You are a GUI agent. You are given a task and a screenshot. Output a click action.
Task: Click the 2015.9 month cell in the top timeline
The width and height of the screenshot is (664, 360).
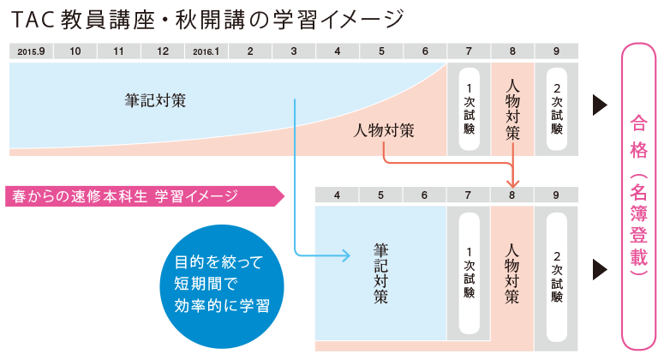pyautogui.click(x=31, y=51)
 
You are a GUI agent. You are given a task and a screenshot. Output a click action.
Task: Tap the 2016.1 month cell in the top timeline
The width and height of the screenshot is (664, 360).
pyautogui.click(x=206, y=51)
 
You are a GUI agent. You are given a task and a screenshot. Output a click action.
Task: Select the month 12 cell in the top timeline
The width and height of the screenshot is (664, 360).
pyautogui.click(x=162, y=51)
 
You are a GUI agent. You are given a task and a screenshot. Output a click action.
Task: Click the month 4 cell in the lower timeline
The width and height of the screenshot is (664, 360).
pyautogui.click(x=337, y=195)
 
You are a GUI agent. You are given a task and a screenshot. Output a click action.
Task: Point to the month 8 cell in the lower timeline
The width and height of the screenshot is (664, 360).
pyautogui.click(x=512, y=195)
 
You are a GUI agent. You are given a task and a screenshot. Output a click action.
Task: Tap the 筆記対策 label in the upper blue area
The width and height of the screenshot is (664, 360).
pyautogui.click(x=155, y=100)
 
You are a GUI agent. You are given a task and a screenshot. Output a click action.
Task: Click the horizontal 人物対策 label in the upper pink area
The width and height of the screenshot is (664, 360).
pyautogui.click(x=385, y=131)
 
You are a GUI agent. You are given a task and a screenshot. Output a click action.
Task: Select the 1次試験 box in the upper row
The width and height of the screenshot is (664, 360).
pyautogui.click(x=469, y=110)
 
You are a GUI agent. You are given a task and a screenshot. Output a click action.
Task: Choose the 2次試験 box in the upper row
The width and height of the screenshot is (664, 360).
pyautogui.click(x=557, y=110)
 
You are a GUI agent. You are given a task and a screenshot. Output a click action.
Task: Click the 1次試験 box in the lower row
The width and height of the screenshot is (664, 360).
pyautogui.click(x=469, y=273)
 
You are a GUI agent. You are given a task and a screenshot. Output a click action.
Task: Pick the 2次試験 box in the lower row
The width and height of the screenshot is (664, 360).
pyautogui.click(x=557, y=273)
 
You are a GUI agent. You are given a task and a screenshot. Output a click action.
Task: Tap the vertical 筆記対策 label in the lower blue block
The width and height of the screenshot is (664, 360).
pyautogui.click(x=380, y=273)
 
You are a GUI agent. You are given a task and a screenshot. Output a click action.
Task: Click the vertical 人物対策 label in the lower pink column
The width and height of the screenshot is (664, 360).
pyautogui.click(x=512, y=273)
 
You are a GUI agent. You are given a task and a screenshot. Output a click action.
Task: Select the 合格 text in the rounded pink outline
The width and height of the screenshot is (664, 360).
pyautogui.click(x=638, y=138)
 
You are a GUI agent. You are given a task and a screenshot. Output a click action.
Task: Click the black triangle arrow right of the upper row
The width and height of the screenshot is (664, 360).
pyautogui.click(x=600, y=105)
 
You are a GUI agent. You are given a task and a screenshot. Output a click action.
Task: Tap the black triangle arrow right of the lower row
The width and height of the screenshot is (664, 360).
pyautogui.click(x=600, y=270)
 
